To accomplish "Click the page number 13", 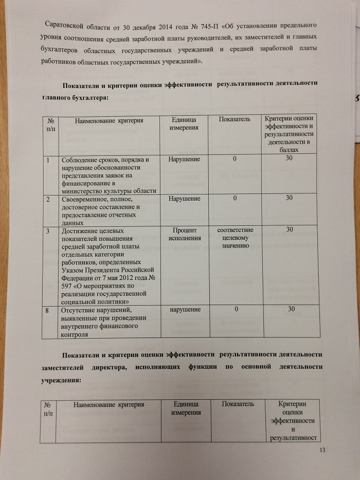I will click(x=323, y=451).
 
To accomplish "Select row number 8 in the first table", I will click(x=47, y=310).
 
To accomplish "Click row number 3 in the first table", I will click(x=47, y=232).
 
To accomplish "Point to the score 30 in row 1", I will click(x=290, y=159).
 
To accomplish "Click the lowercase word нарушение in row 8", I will click(x=181, y=310).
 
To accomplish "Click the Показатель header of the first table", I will click(x=235, y=120).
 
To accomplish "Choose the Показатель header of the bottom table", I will click(x=238, y=404).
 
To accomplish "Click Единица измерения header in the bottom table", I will click(x=186, y=409).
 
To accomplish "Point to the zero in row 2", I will click(x=235, y=198).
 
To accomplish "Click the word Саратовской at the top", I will click(x=67, y=25).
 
